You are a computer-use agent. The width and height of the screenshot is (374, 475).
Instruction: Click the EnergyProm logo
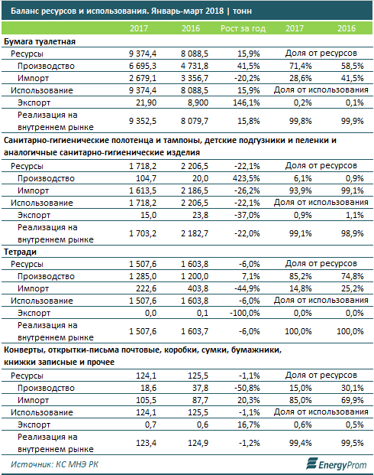point(336,464)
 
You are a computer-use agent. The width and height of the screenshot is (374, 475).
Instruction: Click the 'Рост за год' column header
point(243,28)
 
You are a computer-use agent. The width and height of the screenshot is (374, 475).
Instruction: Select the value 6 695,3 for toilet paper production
point(143,66)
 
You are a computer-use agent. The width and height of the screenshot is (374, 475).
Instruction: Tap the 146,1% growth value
point(246,102)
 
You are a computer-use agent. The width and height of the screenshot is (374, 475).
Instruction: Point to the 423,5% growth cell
point(246,178)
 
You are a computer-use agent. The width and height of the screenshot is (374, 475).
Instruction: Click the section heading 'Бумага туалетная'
point(40,42)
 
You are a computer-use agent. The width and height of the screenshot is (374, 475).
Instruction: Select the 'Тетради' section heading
point(21,252)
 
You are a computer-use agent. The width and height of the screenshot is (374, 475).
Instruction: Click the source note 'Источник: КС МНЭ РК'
point(54,464)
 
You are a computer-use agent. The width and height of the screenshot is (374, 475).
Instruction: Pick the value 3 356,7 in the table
point(195,78)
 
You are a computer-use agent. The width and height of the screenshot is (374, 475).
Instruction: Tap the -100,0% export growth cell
point(245,313)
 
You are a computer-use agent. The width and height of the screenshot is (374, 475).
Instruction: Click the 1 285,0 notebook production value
point(143,276)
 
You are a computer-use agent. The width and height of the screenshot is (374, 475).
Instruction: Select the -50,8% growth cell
point(247,388)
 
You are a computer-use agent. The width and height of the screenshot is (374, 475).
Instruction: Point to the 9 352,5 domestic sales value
point(143,121)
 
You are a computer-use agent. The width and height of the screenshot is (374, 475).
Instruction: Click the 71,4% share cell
point(301,66)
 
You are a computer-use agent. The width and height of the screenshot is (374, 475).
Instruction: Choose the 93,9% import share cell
point(301,191)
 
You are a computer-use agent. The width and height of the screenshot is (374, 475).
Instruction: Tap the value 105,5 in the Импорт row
point(146,401)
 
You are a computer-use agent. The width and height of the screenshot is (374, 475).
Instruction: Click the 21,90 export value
point(146,102)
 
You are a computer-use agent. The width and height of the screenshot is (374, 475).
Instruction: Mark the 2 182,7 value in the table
point(195,233)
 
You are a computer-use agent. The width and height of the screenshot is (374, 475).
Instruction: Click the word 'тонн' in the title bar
point(242,11)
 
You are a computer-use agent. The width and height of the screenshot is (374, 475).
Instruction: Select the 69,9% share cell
point(353,401)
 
